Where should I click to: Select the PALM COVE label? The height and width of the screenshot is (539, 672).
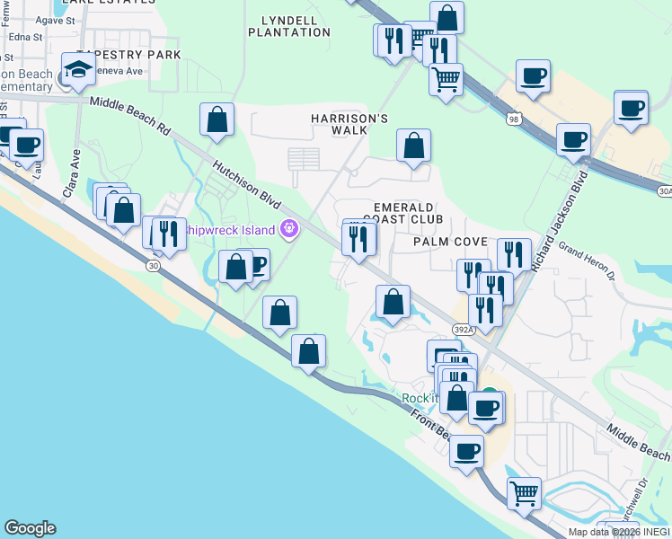point(450,242)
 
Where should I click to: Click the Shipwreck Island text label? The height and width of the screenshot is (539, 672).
point(230,230)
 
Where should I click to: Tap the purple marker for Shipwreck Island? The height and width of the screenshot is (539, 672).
point(289,230)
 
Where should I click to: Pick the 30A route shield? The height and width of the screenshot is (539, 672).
point(664,190)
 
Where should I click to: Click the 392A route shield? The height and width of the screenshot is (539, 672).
point(463,330)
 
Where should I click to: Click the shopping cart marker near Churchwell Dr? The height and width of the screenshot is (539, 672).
point(525,491)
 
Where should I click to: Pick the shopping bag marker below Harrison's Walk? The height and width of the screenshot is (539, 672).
point(413,145)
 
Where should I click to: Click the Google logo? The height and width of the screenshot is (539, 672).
point(30,528)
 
